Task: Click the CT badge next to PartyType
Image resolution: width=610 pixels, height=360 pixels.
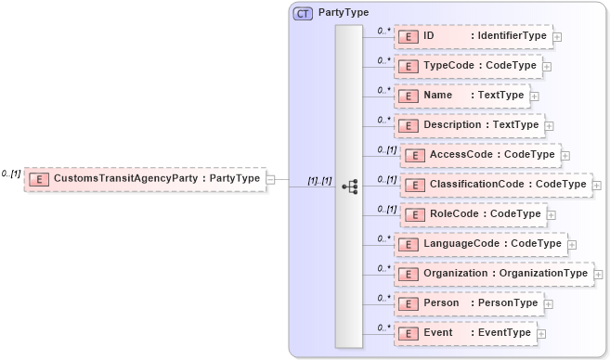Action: point(304,13)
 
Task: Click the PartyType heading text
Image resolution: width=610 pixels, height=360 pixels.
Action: point(344,13)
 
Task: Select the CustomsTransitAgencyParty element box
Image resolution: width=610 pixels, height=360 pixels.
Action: point(144,177)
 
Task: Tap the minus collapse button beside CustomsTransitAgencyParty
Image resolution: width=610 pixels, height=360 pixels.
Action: point(270,177)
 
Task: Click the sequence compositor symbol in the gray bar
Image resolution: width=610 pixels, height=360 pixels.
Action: point(350,186)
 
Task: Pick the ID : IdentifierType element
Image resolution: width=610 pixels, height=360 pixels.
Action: point(473,36)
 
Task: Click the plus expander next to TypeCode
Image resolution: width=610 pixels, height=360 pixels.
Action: point(547,67)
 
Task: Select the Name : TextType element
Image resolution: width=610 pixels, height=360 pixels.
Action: point(461,96)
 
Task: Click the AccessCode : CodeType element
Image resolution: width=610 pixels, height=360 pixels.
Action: point(480,155)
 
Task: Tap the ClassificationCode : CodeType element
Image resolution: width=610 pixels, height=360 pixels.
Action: point(496,185)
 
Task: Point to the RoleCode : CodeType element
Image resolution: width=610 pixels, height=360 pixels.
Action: point(473,213)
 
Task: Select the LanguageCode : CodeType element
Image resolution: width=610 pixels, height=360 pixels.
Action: point(479,243)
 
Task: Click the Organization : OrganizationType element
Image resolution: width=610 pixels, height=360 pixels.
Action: point(492,273)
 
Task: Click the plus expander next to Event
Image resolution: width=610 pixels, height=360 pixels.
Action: point(541,333)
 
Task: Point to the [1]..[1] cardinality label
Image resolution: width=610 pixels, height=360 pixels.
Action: point(319,180)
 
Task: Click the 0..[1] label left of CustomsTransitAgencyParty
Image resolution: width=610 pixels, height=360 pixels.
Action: point(11,173)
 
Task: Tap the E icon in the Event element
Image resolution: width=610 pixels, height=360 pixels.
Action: point(406,333)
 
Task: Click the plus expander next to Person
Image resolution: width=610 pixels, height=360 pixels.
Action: point(549,303)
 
